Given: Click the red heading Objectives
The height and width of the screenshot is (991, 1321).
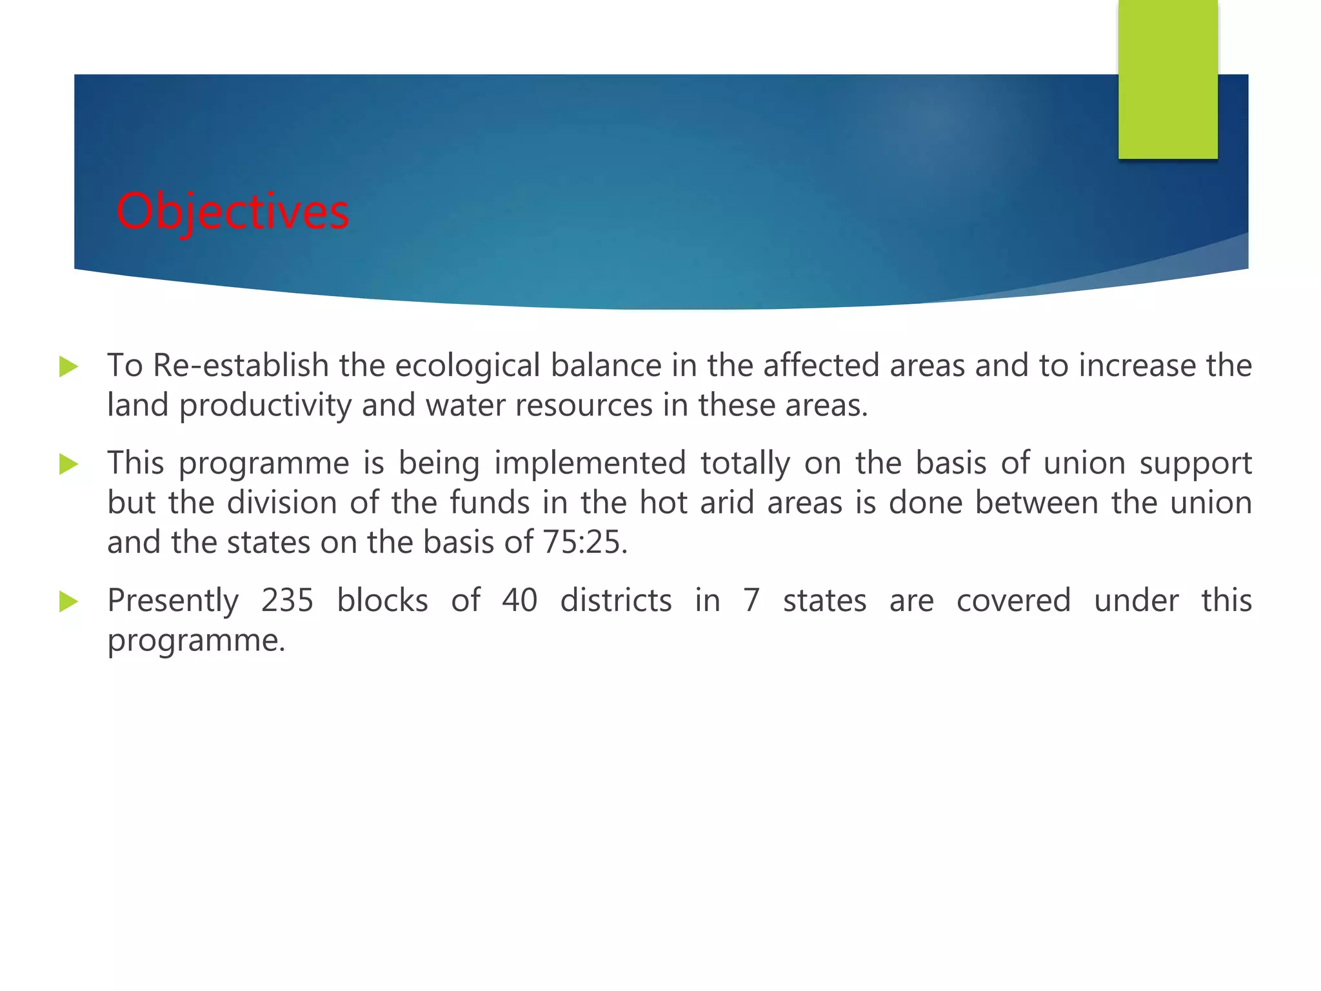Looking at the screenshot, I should [232, 211].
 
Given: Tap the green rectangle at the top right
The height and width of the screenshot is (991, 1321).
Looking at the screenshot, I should [1167, 79].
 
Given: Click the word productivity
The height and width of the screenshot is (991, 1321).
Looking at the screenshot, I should [265, 406].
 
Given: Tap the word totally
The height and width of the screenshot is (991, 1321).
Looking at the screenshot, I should [745, 464].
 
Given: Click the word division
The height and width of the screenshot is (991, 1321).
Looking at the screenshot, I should [282, 503].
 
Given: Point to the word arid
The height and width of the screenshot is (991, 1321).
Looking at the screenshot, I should [727, 503].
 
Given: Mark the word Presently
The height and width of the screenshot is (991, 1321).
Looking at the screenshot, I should [173, 601].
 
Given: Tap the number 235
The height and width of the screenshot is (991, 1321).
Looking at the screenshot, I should [287, 601].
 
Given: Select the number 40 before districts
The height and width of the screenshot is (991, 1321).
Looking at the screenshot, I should [520, 601].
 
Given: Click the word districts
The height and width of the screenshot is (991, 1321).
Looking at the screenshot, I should [616, 601].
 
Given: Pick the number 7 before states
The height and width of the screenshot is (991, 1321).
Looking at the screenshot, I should [751, 601].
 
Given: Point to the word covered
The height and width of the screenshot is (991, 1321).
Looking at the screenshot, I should [1013, 601].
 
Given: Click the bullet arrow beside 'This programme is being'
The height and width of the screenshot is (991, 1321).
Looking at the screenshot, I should [68, 464].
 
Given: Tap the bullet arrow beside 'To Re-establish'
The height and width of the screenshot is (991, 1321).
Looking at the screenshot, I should [68, 366].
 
